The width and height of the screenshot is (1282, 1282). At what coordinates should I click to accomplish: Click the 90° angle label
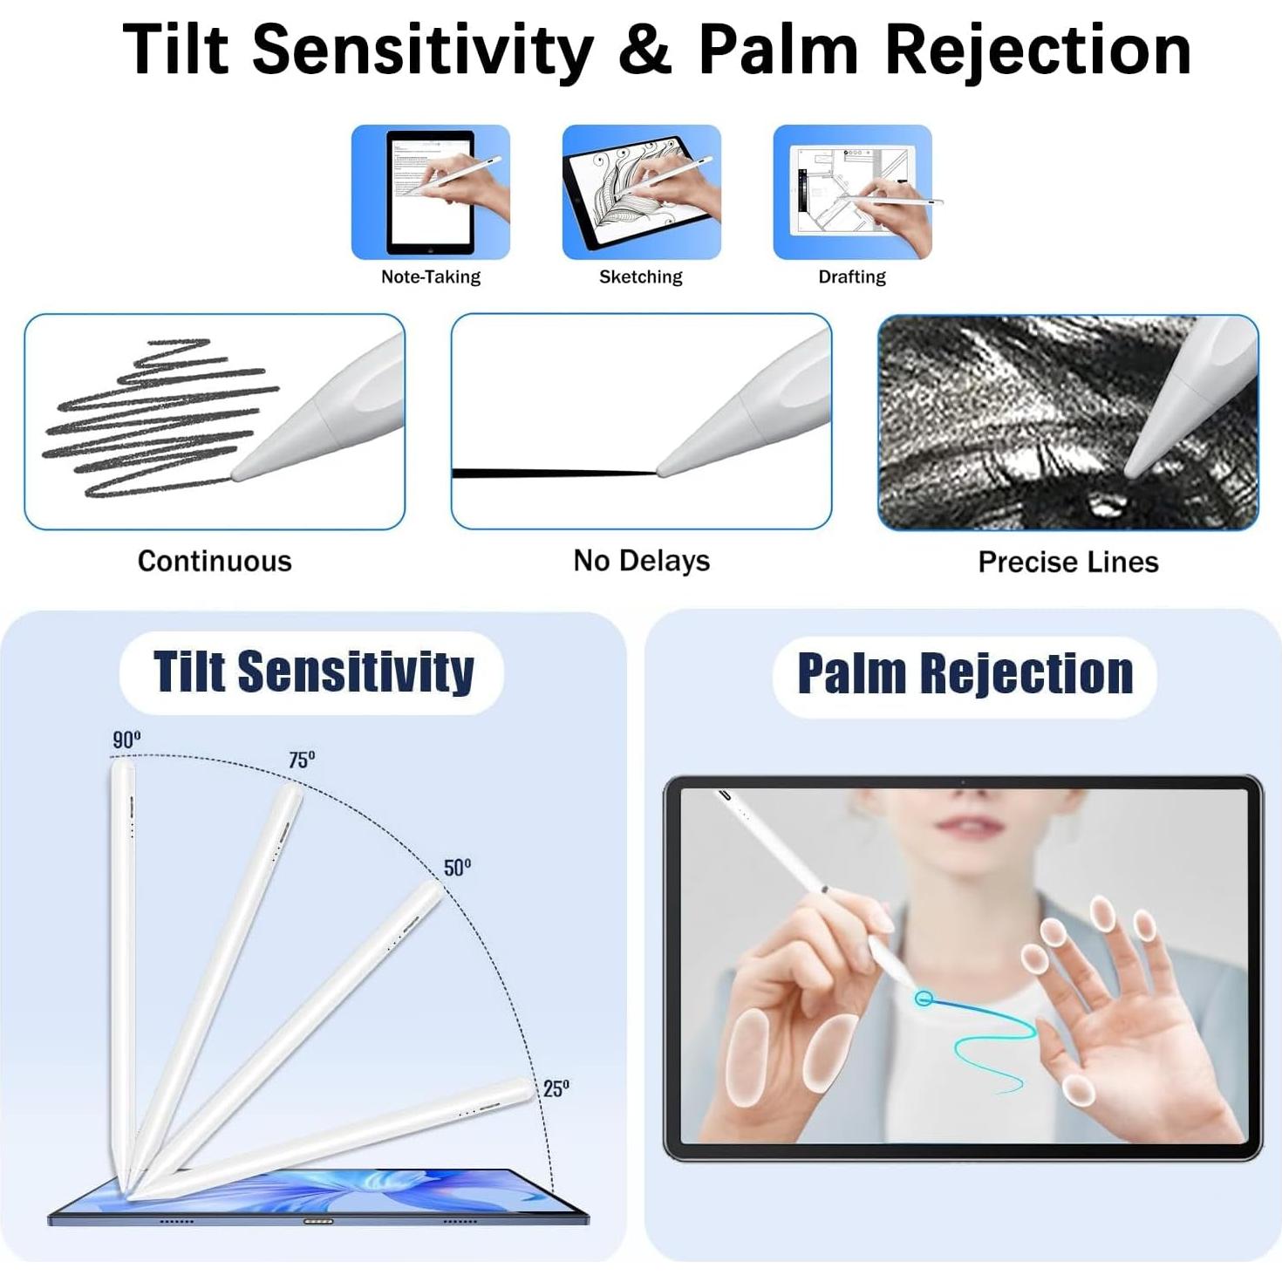pos(126,740)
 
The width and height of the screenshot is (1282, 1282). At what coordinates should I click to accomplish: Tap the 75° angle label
pos(302,759)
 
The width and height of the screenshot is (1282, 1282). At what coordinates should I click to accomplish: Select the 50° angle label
pos(457,868)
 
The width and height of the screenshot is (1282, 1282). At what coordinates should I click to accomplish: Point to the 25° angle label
pos(556,1088)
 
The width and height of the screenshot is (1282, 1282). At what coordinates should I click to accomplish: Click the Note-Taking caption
pos(431,276)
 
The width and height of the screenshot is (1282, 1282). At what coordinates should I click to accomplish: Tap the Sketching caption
pos(641,276)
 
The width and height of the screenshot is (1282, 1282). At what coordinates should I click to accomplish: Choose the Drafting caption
pos(851,276)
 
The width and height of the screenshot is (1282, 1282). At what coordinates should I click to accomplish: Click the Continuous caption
pos(215,561)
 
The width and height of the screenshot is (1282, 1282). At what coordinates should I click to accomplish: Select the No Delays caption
pos(641,561)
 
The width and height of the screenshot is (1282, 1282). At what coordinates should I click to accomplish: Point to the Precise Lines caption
pos(1067,563)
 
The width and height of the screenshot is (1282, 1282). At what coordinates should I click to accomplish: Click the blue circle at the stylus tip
pos(924,998)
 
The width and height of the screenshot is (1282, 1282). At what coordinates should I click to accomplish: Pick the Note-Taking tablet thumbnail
pos(431,192)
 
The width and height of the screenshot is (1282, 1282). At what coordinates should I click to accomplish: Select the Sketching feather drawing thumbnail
pos(641,192)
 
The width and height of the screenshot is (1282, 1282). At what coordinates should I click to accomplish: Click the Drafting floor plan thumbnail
pos(852,192)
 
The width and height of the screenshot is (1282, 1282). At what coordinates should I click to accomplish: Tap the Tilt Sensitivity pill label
pos(311,672)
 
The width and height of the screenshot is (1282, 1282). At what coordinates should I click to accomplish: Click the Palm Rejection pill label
pos(965,675)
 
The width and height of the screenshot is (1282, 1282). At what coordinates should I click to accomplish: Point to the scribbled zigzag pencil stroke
pos(160,419)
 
